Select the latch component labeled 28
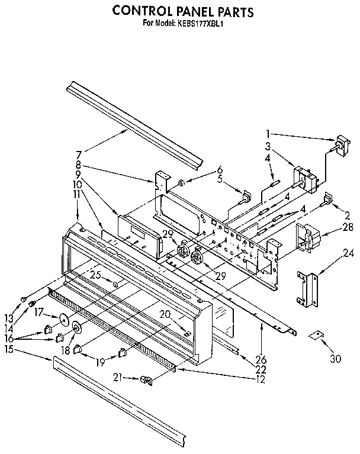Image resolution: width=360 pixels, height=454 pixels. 310,237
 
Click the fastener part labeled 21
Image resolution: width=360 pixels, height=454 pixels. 146,380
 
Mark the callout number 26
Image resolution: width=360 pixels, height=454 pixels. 261,359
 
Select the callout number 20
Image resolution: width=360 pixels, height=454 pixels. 166,314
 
